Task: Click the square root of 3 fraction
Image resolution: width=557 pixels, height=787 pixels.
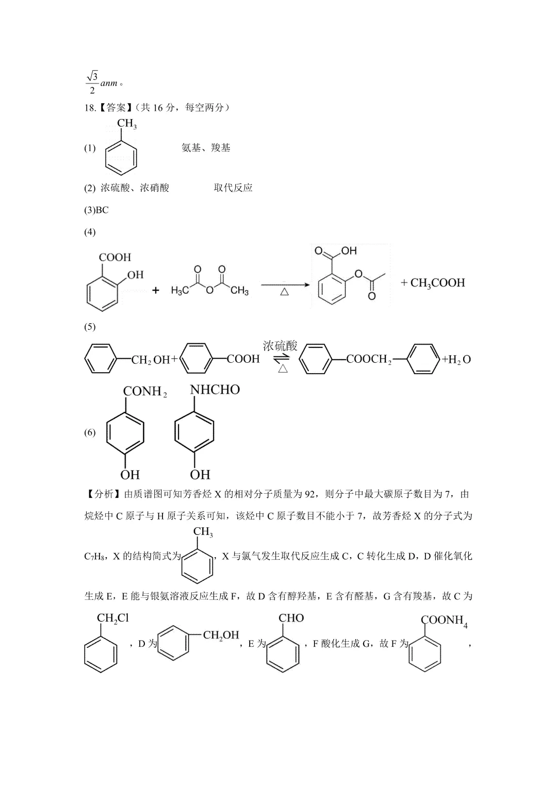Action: click(x=92, y=83)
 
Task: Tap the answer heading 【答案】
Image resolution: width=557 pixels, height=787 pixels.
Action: click(x=116, y=108)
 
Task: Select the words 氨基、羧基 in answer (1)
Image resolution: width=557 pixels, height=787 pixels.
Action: click(x=206, y=148)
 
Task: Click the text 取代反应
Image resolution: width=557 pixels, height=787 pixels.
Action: click(x=233, y=188)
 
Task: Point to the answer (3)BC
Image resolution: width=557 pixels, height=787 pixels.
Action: click(x=96, y=210)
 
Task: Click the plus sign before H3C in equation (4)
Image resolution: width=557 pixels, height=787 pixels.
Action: click(x=156, y=290)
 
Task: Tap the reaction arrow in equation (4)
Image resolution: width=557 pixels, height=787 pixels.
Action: click(x=285, y=284)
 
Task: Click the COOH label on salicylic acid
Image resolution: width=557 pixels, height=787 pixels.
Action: click(x=115, y=257)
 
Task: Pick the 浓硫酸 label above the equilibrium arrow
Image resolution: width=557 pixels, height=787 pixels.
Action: click(x=280, y=346)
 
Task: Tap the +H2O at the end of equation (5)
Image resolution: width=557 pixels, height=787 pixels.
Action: click(x=456, y=359)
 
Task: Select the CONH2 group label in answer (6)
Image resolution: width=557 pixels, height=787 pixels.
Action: click(x=145, y=392)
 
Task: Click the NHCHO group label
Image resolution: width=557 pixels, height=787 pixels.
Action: click(x=215, y=390)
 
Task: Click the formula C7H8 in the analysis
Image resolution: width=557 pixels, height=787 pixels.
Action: click(x=94, y=556)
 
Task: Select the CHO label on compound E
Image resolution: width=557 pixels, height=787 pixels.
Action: click(x=291, y=618)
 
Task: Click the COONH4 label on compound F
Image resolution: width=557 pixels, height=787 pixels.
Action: click(x=444, y=621)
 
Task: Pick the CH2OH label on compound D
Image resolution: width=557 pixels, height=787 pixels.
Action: click(x=221, y=635)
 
